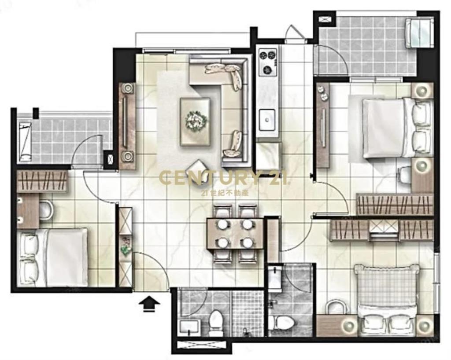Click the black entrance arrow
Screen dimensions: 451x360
(x=150, y=304)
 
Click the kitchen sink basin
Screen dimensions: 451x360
(x=266, y=120)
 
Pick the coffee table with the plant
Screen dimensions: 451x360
(x=195, y=121)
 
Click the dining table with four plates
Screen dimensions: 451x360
(x=235, y=234)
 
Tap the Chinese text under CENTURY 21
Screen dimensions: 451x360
(x=225, y=192)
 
